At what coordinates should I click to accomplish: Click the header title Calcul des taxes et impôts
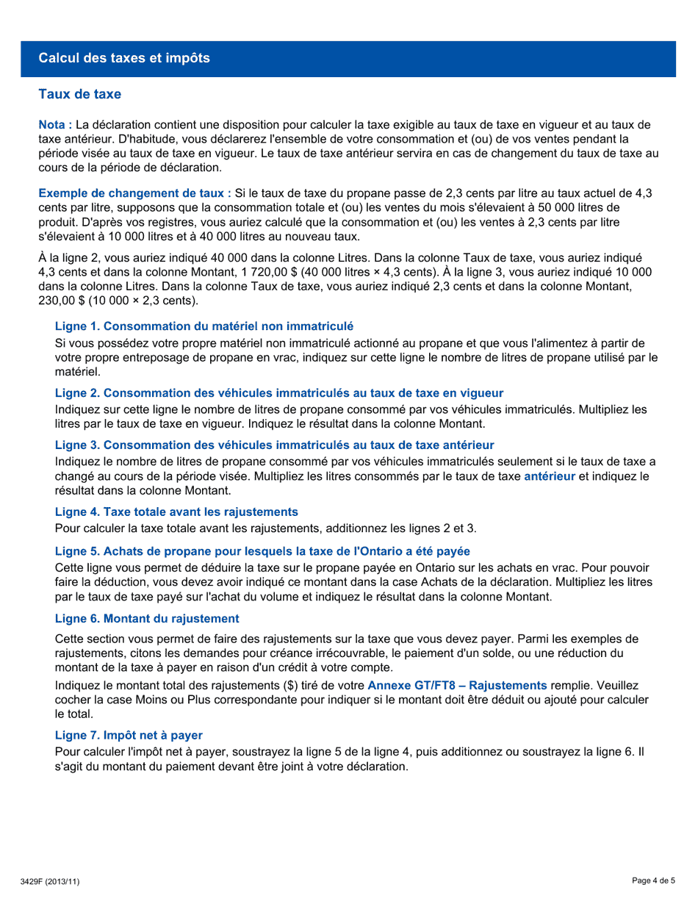124,58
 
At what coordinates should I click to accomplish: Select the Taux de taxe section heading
79,95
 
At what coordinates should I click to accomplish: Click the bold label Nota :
55,125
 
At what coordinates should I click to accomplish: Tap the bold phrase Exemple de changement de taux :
134,193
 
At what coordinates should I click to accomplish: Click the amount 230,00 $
60,301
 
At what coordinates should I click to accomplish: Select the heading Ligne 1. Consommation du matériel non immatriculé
204,326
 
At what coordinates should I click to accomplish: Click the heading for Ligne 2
279,393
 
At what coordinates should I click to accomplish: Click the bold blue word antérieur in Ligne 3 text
549,476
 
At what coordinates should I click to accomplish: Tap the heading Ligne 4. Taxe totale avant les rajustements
176,512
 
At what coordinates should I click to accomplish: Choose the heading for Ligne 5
262,551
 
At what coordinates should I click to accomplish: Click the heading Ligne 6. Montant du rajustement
147,619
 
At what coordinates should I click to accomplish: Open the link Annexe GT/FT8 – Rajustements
457,686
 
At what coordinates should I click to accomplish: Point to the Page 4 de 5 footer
653,880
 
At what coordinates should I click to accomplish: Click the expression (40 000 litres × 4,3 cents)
364,272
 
